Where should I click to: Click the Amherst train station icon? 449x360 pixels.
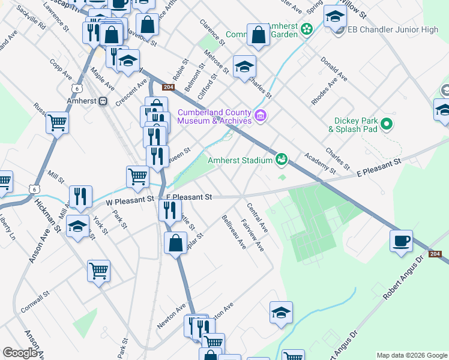(103, 101)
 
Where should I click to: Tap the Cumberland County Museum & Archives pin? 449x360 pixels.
(261, 115)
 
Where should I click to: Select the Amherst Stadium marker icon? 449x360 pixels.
(280, 159)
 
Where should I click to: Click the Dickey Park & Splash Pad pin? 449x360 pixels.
(387, 124)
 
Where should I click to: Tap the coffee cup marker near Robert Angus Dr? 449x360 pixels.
(401, 241)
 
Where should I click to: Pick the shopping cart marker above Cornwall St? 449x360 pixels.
(98, 270)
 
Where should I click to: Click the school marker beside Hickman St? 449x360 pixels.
(77, 226)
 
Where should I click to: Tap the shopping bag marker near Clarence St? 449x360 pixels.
(258, 35)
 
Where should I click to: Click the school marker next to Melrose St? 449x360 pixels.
(244, 66)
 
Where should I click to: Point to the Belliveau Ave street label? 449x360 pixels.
(234, 232)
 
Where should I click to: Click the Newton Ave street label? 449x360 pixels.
(172, 316)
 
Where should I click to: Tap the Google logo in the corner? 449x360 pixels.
(20, 353)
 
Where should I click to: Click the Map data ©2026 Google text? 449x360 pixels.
(411, 355)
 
